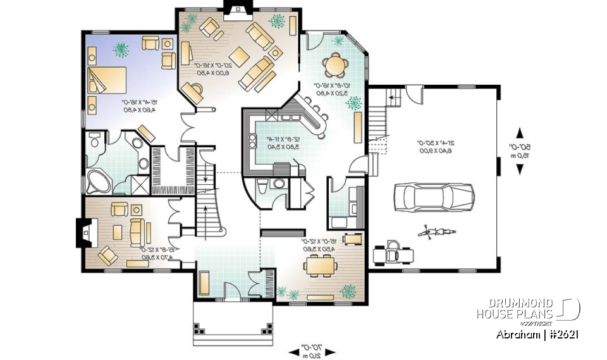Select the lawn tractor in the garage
(x=394, y=252)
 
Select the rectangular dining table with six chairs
(x=319, y=266)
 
